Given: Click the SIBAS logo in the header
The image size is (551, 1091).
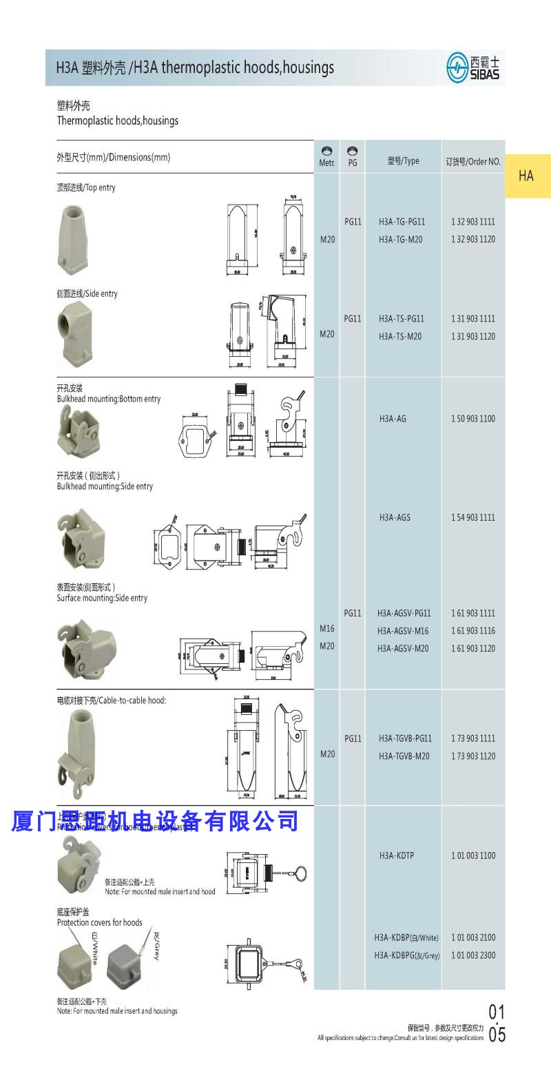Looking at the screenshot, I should (474, 67).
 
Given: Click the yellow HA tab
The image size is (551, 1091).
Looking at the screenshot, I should (527, 176).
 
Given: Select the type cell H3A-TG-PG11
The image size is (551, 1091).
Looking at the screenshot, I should (402, 222).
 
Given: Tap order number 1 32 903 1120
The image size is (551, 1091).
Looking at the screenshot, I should (473, 240).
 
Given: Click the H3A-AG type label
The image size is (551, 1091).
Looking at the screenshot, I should (393, 419).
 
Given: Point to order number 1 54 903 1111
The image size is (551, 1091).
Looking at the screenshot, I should (473, 517).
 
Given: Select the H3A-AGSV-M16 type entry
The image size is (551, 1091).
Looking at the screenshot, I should (403, 631).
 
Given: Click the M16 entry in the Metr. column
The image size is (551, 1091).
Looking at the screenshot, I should (327, 628).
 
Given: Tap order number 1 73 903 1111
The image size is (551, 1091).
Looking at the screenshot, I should (473, 738).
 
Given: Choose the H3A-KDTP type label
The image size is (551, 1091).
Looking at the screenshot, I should (396, 855).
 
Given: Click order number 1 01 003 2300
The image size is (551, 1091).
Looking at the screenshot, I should (473, 955).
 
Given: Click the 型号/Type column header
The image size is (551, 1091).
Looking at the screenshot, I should (403, 161).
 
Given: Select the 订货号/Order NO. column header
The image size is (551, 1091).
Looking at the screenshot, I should (472, 162).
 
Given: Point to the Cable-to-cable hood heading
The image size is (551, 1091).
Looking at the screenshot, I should (112, 700).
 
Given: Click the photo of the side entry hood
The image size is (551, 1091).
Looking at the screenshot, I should (78, 330).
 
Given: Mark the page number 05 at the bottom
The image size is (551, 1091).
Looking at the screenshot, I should (497, 1035).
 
